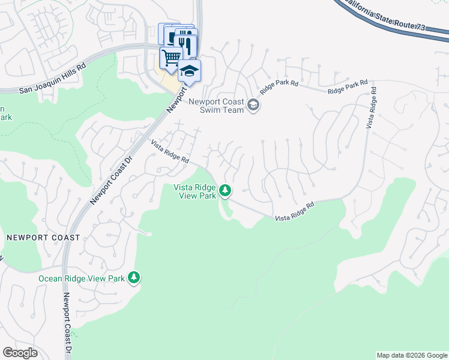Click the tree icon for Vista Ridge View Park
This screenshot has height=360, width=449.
(225, 191)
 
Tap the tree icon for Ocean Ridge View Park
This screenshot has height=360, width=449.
(134, 277)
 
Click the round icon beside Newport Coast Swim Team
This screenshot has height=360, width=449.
(254, 106)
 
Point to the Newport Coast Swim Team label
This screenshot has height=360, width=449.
(216, 106)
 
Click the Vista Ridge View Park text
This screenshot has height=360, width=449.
(194, 191)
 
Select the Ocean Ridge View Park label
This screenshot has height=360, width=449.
(81, 278)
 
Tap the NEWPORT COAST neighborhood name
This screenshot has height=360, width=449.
(43, 238)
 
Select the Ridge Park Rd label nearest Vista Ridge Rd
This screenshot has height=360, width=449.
(347, 88)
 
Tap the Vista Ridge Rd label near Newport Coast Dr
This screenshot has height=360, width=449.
(170, 152)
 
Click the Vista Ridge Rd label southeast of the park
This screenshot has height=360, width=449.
(294, 212)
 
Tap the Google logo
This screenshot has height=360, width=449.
(20, 352)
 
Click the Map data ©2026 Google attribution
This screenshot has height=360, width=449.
(412, 355)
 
